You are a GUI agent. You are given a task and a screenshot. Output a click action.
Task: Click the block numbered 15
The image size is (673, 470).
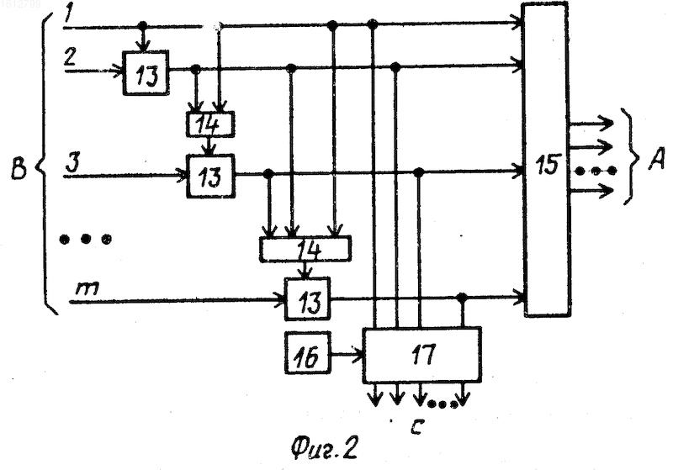coord(547,160)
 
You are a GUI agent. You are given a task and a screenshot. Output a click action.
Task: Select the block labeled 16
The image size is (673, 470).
coord(307,354)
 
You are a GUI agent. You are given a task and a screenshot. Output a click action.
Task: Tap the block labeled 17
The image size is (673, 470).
coord(422,355)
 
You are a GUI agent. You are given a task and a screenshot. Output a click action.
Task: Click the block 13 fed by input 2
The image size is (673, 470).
coord(146,73)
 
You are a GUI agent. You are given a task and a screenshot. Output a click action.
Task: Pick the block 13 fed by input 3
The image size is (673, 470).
coord(211,176)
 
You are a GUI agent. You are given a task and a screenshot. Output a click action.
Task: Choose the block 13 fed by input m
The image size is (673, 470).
coord(308,298)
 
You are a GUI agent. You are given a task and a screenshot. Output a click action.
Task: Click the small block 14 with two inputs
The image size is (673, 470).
coord(210,124)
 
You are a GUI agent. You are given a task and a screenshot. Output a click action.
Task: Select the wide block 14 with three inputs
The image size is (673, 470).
coord(305,249)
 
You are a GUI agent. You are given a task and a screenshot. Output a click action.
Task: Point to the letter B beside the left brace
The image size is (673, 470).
coord(19,168)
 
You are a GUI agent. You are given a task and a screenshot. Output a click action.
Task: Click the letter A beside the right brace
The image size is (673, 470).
coord(656,159)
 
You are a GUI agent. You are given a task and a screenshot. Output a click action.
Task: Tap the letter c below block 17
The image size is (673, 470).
coord(416,426)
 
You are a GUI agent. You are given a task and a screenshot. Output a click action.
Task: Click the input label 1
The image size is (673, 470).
coord(68,15)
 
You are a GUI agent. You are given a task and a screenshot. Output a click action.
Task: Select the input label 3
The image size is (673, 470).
coord(72,163)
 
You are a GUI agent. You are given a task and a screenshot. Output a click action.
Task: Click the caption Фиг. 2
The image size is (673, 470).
coord(324,448)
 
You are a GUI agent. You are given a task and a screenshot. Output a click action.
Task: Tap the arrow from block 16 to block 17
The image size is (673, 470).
coord(347,355)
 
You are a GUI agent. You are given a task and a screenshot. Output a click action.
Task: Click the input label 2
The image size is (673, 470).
coord(71,55)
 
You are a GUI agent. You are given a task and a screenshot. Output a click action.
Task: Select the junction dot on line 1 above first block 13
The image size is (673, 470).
coord(143,26)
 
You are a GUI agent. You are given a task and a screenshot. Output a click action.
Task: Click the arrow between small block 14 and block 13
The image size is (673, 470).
coord(209,145)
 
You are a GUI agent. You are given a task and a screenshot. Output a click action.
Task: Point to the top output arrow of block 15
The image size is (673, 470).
coord(591,123)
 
